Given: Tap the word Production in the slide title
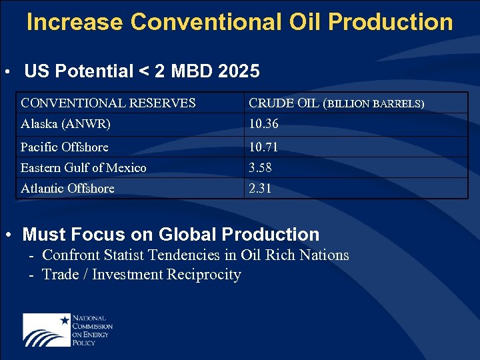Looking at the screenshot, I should (x=391, y=22).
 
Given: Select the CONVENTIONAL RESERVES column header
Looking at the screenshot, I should (x=108, y=103).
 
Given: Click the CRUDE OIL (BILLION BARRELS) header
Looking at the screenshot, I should (x=336, y=103).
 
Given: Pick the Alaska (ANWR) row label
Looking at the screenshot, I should (x=65, y=124).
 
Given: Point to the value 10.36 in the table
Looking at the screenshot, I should (x=263, y=124).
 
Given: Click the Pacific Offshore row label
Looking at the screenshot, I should (x=64, y=147).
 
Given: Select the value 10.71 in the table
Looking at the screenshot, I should (x=263, y=147).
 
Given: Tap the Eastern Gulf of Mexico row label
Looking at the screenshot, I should (x=83, y=167).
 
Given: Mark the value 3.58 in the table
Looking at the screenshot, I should (x=260, y=167).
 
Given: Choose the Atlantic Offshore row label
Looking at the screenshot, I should (x=67, y=188).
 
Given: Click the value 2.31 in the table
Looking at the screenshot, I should (x=260, y=188).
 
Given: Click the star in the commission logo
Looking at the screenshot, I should (x=65, y=320).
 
